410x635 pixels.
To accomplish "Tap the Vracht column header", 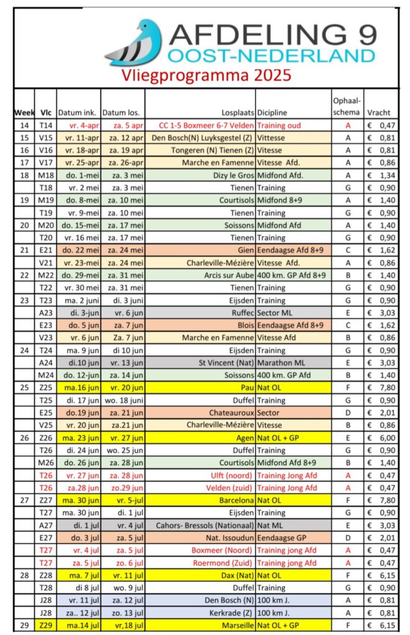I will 378,113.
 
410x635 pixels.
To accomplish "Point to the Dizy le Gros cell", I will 230,175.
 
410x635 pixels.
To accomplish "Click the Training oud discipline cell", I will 279,125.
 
